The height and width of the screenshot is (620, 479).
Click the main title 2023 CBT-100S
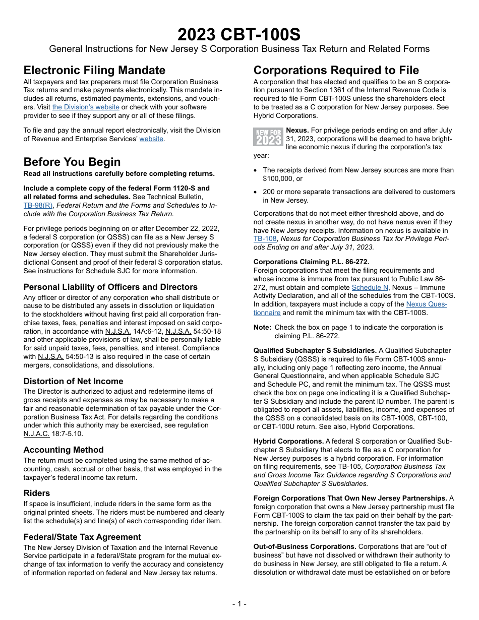[x=239, y=34]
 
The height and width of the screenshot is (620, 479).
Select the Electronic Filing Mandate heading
[x=94, y=70]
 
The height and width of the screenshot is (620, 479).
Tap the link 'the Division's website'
[x=86, y=107]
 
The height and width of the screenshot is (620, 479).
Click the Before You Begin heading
[x=72, y=162]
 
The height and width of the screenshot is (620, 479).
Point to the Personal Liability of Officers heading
[x=110, y=287]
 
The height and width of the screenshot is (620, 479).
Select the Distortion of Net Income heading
[x=73, y=381]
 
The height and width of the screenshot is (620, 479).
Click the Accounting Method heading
[x=64, y=450]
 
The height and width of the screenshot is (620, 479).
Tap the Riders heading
[x=37, y=493]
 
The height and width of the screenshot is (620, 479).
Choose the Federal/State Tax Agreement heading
[x=82, y=537]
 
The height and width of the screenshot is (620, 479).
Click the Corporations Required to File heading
[x=336, y=70]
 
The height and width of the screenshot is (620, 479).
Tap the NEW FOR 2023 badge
[x=268, y=137]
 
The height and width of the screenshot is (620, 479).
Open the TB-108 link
[x=265, y=239]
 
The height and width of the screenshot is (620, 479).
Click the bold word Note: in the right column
[x=262, y=327]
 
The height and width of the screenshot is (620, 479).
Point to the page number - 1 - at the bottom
[x=239, y=603]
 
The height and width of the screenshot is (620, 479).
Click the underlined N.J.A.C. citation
[x=38, y=433]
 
